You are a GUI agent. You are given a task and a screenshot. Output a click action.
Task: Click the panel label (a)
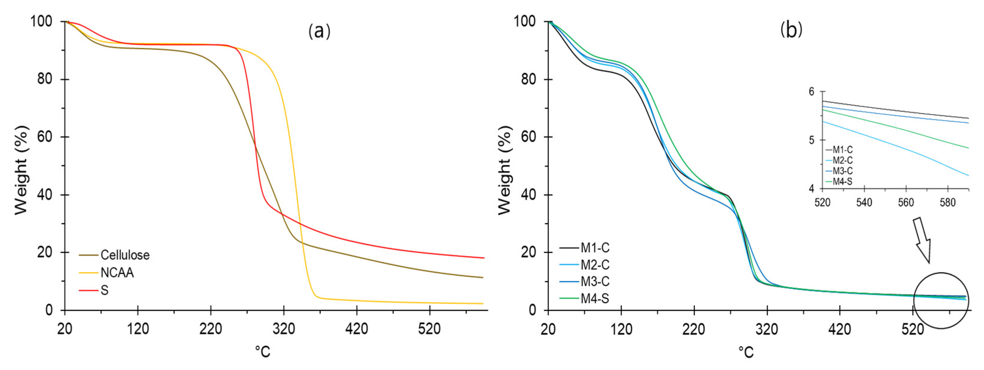click(x=319, y=31)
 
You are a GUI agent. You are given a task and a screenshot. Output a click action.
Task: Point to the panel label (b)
click(x=791, y=30)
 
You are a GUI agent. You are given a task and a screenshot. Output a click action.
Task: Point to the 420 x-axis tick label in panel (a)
click(x=356, y=328)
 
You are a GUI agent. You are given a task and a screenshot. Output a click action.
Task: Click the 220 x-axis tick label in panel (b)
click(x=694, y=328)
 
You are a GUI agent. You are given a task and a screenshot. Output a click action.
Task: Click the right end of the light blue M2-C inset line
click(x=968, y=175)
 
